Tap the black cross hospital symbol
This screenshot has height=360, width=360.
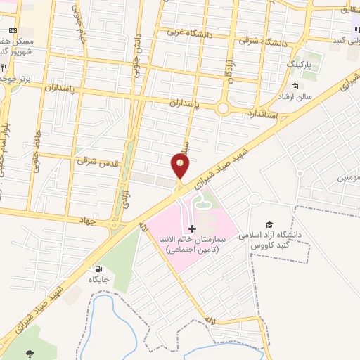(x=193, y=229)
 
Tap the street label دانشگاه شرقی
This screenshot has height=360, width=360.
(x=263, y=42)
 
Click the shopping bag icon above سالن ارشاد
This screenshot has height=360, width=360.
(x=295, y=86)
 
